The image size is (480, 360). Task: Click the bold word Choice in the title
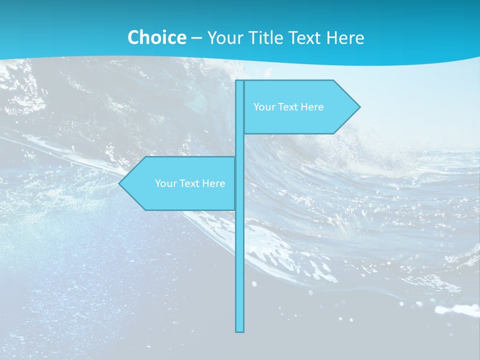156,37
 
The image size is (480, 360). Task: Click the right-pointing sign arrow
300,107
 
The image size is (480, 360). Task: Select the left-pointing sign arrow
180,183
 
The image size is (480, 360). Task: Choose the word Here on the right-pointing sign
312,107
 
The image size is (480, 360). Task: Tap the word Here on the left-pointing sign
214,183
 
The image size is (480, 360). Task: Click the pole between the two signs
240,145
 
